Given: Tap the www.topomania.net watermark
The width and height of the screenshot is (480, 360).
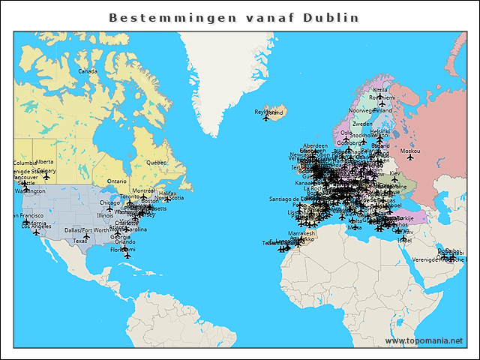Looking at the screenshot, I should (424, 340).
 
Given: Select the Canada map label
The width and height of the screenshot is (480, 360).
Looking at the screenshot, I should (88, 71).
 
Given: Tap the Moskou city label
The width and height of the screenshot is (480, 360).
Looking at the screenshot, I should (409, 151).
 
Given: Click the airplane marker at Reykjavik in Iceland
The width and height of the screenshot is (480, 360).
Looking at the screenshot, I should (265, 118).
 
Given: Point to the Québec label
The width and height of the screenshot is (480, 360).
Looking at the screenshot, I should (156, 162).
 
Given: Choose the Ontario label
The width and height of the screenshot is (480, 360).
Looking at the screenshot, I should (117, 181).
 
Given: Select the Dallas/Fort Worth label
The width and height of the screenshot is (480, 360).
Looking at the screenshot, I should (86, 230).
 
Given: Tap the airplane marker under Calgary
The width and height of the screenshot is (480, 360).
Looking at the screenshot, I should (46, 177).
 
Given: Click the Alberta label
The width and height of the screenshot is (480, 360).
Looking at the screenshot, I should (44, 161).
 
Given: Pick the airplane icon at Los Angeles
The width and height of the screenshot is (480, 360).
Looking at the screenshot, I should (36, 232).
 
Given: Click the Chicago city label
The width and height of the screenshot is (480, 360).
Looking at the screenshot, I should (109, 202).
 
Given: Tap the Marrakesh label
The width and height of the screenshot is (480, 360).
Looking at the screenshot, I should (301, 233).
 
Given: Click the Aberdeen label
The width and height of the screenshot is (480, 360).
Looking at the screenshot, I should (315, 145).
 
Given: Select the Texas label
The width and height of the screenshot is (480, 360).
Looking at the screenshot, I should (80, 241).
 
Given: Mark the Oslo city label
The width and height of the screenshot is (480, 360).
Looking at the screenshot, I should (346, 133).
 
